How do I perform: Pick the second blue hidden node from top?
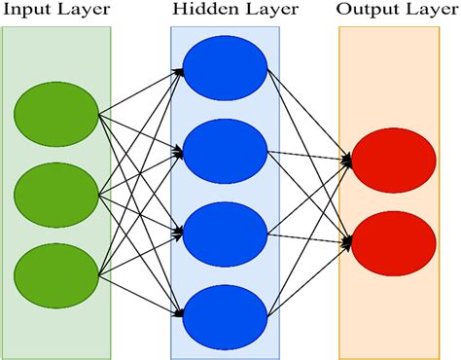click(225, 153)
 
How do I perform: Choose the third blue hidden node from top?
click(225, 234)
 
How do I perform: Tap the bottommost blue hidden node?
click(225, 314)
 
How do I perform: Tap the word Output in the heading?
click(365, 13)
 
